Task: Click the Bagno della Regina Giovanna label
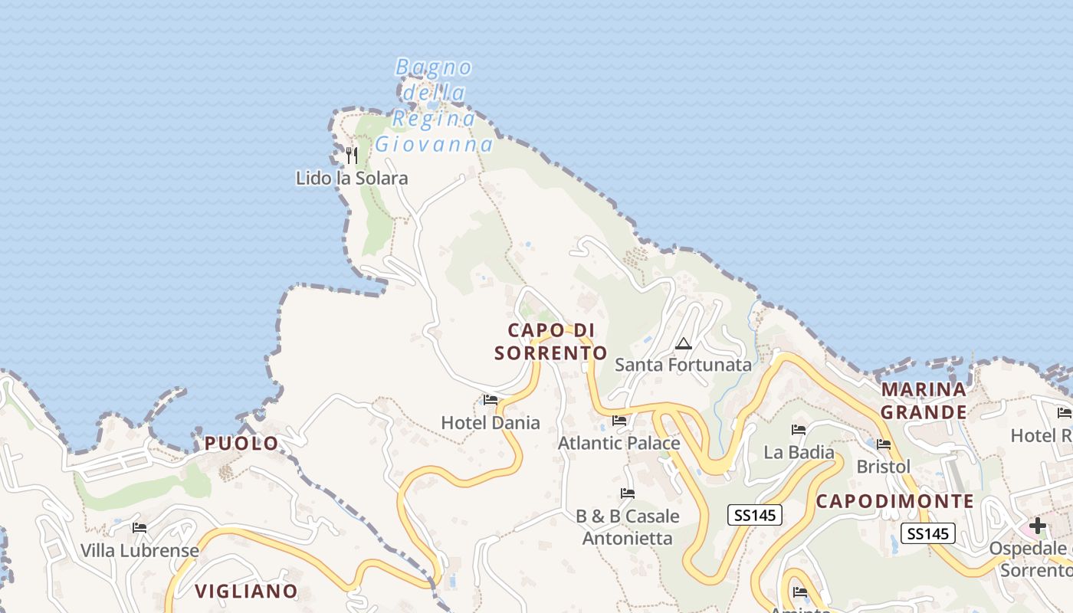[434, 106]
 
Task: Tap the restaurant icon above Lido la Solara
[351, 156]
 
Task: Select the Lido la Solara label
[352, 179]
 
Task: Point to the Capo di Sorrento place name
[551, 342]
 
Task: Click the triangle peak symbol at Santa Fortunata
[683, 343]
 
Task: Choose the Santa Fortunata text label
[683, 365]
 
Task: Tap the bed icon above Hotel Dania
[491, 400]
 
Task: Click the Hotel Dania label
[491, 422]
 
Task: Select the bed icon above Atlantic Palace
[619, 421]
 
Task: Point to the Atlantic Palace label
[619, 443]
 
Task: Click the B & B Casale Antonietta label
[628, 527]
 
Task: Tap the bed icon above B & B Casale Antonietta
[628, 493]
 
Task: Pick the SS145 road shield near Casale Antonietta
[755, 516]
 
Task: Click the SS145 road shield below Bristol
[928, 533]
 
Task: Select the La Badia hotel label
[799, 452]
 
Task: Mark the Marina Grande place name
[924, 401]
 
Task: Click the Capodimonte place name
[894, 502]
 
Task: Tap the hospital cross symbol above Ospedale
[1037, 526]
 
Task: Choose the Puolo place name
[241, 444]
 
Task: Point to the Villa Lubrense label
[139, 550]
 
